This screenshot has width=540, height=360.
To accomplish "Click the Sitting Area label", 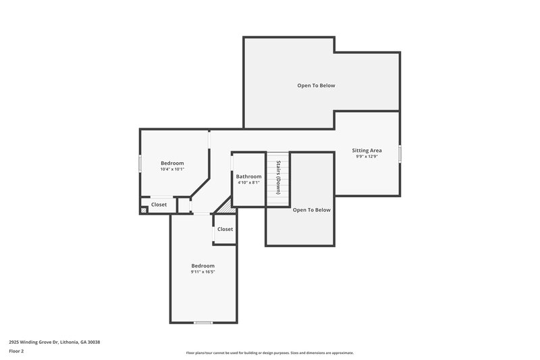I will pyautogui.click(x=367, y=150).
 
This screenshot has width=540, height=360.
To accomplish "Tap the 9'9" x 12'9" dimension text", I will pyautogui.click(x=367, y=157).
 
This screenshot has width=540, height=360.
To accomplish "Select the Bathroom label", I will pyautogui.click(x=248, y=176).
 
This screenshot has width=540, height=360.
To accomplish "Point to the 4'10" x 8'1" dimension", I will pyautogui.click(x=248, y=182).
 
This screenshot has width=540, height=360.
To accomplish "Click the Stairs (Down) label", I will pyautogui.click(x=277, y=178).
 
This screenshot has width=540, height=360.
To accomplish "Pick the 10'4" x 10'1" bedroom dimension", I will pyautogui.click(x=172, y=169).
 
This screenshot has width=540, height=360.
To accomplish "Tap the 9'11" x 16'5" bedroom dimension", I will pyautogui.click(x=202, y=272).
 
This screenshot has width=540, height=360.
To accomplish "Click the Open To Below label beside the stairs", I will pyautogui.click(x=311, y=210).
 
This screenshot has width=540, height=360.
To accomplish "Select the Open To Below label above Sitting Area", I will pyautogui.click(x=316, y=86).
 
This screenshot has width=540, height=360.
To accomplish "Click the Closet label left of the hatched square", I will pyautogui.click(x=159, y=205).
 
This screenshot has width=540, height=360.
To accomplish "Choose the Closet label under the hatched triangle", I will pyautogui.click(x=225, y=229).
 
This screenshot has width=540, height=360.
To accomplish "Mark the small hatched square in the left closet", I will pyautogui.click(x=143, y=211).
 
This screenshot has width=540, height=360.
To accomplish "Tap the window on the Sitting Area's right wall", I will pyautogui.click(x=400, y=154).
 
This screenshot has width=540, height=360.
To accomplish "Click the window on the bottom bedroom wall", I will pyautogui.click(x=203, y=322).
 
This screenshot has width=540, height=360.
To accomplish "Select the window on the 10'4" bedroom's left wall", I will pyautogui.click(x=140, y=164).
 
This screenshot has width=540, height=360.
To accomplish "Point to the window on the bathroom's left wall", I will pyautogui.click(x=232, y=163).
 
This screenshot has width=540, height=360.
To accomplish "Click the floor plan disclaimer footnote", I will pyautogui.click(x=269, y=353).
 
